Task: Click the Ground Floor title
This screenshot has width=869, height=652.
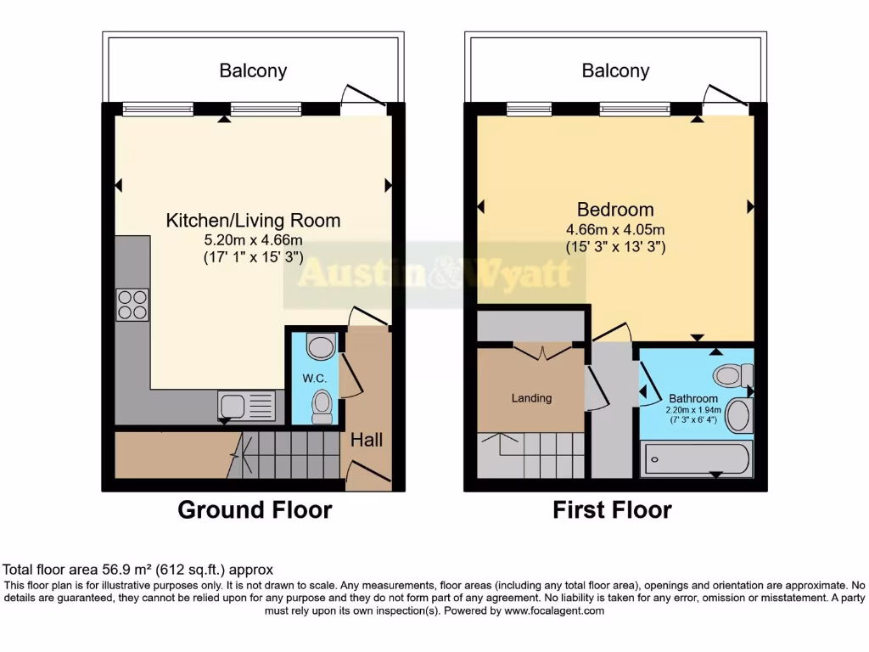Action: [x=255, y=509]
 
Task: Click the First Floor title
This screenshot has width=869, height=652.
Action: [x=612, y=509]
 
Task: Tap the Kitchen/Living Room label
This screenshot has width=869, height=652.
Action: [x=253, y=221]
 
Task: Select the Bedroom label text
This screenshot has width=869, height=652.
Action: [x=615, y=209]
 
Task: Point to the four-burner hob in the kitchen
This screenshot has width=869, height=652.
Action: [x=132, y=305]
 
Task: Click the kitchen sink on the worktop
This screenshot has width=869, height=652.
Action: [x=246, y=404]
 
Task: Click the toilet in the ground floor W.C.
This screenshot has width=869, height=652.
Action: [x=322, y=407]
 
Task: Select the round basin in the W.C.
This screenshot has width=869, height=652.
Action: [x=320, y=346]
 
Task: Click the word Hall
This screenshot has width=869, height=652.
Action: [x=367, y=440]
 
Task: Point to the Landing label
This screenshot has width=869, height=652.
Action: [x=531, y=397]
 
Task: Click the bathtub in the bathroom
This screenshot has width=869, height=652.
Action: [x=695, y=459]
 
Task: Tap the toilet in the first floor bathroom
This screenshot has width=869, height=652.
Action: [x=733, y=374]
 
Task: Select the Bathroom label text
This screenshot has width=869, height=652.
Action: [x=693, y=398]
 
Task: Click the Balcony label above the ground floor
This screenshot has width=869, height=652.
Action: [x=253, y=70]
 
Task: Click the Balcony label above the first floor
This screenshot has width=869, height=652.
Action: [x=615, y=70]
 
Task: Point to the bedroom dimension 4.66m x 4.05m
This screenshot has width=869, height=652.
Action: [x=615, y=229]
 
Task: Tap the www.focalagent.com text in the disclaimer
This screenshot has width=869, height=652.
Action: [x=554, y=610]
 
